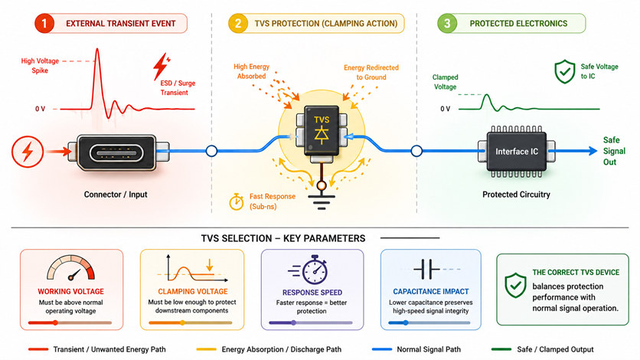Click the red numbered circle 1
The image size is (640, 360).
(44, 23)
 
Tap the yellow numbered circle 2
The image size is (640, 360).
(238, 23)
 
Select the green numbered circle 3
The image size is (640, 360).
(447, 23)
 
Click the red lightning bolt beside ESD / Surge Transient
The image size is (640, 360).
(162, 66)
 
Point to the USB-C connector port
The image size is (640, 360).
(116, 153)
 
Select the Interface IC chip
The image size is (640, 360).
(516, 152)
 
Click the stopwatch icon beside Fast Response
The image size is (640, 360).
(237, 201)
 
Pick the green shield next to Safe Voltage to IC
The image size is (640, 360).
(565, 71)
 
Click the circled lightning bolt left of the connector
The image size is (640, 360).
(28, 152)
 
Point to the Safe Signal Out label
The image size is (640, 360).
(614, 151)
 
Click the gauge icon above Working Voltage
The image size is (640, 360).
(71, 268)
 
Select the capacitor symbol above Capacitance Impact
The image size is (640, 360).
(426, 270)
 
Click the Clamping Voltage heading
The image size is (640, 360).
(193, 291)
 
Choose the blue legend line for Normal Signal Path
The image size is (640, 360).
(382, 349)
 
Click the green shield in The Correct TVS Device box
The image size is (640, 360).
(515, 285)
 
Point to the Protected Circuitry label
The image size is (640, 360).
(516, 195)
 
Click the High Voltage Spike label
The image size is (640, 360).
(40, 66)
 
